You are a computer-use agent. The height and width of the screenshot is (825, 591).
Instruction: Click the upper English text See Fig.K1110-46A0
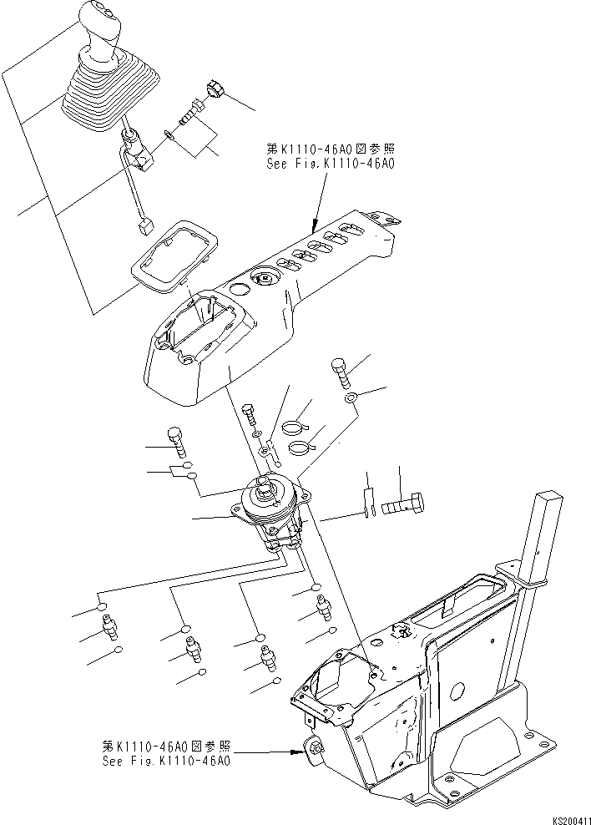pyautogui.click(x=330, y=164)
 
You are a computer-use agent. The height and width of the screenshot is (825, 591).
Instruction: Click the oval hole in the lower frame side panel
pyautogui.click(x=457, y=690)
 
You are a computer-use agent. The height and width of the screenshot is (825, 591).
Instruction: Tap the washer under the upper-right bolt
pyautogui.click(x=351, y=397)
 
